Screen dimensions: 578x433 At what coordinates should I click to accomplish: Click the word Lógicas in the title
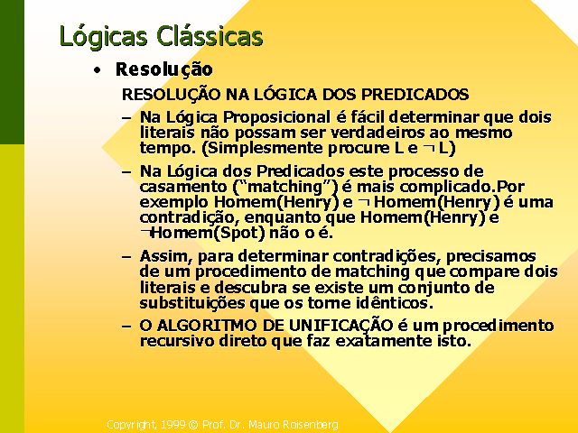[103, 37]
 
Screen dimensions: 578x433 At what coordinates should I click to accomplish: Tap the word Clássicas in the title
[210, 36]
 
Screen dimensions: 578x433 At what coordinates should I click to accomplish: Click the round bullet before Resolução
[97, 70]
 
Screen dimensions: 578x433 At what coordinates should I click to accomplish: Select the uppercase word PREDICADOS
[415, 95]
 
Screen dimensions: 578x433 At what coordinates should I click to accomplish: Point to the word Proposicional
[277, 118]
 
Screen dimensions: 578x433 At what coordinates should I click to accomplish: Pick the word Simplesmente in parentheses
[266, 148]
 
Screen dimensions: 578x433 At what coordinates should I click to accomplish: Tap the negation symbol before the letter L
[429, 148]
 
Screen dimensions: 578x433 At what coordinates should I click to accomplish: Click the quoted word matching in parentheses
[284, 187]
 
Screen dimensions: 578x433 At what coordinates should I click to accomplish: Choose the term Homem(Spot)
[209, 234]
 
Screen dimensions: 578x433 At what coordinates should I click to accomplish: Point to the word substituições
[192, 303]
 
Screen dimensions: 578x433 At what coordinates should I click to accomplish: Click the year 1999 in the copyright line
[172, 425]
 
